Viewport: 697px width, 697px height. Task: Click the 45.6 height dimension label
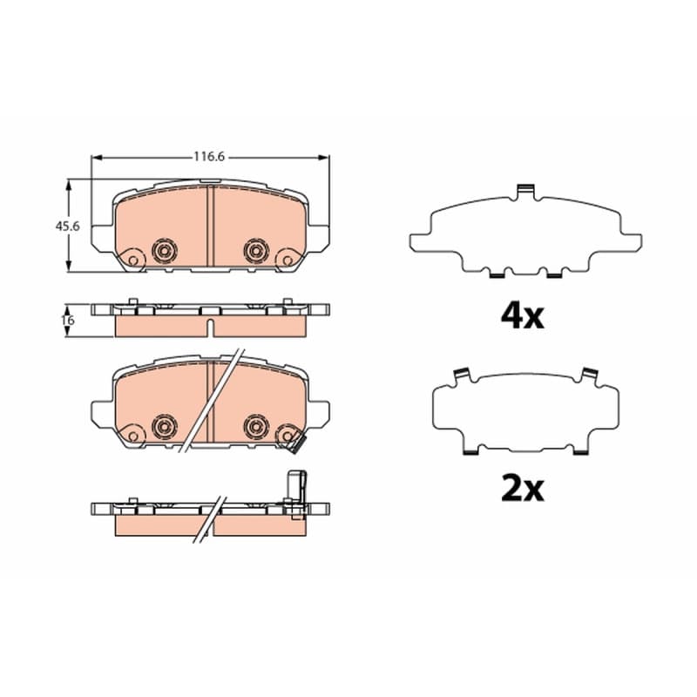pos(67,227)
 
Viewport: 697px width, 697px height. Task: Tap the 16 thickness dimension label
pos(69,320)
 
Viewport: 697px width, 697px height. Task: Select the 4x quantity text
pos(522,316)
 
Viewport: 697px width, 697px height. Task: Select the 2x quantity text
pos(522,489)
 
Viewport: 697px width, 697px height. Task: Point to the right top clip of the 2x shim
pos(591,376)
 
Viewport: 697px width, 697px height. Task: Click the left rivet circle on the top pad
pos(165,251)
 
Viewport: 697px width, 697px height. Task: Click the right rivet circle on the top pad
pos(256,251)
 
